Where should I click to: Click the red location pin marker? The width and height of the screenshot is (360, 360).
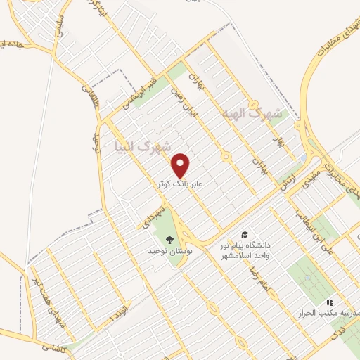pos(181,165)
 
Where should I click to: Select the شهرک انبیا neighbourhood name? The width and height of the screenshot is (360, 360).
pos(142,146)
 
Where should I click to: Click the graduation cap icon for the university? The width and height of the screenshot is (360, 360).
pos(244,234)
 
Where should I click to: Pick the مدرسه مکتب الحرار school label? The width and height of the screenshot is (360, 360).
pos(330,312)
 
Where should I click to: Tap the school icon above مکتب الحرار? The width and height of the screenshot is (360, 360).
pos(330,302)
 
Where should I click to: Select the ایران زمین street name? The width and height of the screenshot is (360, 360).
pos(190,105)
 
